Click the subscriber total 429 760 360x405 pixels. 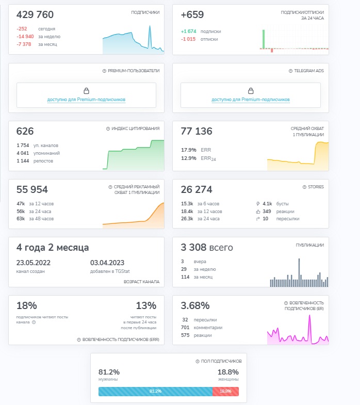(x=35, y=15)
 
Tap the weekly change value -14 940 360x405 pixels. (x=25, y=37)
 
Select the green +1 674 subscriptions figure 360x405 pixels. (x=189, y=31)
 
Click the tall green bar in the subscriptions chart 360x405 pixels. (x=264, y=39)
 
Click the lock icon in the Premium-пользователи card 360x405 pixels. (x=86, y=91)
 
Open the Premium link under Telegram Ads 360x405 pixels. (x=251, y=100)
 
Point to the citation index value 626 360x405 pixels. (x=25, y=131)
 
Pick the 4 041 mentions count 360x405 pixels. (x=23, y=153)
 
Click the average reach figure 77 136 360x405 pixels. (x=197, y=131)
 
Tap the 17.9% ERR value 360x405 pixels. (x=189, y=150)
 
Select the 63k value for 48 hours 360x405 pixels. (x=21, y=219)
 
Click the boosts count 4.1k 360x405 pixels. (x=267, y=204)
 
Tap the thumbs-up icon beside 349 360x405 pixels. (x=258, y=212)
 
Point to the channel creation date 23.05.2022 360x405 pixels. (x=34, y=263)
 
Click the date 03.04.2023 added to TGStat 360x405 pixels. (x=107, y=263)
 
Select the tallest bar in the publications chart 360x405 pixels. (x=299, y=272)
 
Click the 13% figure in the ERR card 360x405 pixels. (x=146, y=305)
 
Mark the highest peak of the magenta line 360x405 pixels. (x=309, y=316)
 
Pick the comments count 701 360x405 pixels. (x=185, y=328)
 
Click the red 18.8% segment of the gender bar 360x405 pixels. (x=225, y=391)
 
